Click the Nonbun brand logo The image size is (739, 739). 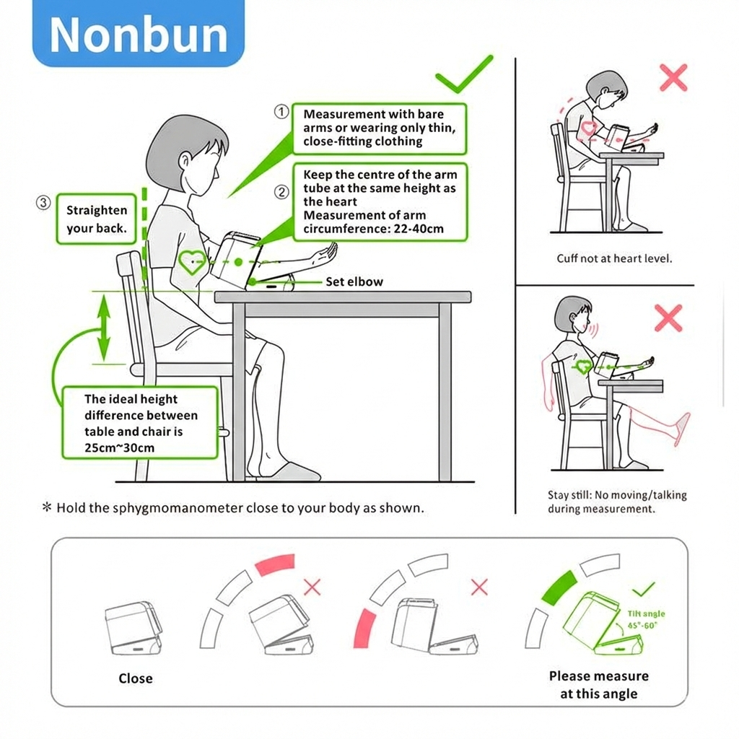139,34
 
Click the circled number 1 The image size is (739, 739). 281,112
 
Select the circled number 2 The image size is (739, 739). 281,192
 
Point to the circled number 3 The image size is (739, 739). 43,203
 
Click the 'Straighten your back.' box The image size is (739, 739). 97,219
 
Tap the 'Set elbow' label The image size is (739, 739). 354,282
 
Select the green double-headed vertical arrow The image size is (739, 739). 104,328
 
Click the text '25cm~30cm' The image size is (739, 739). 119,447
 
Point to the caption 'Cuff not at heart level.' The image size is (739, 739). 614,258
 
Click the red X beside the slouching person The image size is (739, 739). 673,77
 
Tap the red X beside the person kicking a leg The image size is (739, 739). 668,318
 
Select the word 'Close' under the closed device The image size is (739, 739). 136,678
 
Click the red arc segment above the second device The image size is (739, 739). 275,564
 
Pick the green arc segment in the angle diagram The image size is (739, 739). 559,587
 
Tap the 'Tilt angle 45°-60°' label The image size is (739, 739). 646,619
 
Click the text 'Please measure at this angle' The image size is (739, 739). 598,685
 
